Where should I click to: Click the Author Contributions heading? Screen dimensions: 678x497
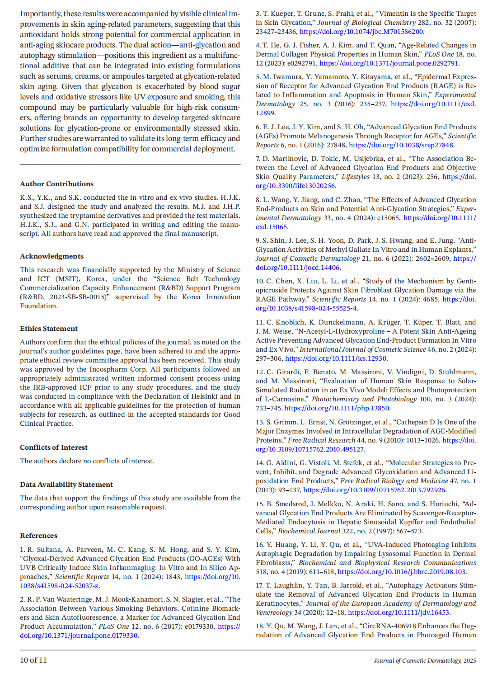pyautogui.click(x=56, y=184)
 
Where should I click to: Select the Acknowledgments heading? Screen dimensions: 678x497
pyautogui.click(x=52, y=256)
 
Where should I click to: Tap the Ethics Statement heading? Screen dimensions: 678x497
pyautogui.click(x=49, y=329)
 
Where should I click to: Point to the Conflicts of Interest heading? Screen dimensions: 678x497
pyautogui.click(x=54, y=447)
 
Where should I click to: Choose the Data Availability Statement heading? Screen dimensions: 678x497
pyautogui.click(x=66, y=485)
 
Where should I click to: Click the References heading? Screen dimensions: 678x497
pyautogui.click(x=38, y=536)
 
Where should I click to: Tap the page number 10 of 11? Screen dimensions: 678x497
pyautogui.click(x=33, y=660)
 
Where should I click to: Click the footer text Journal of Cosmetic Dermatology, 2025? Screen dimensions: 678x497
pyautogui.click(x=424, y=660)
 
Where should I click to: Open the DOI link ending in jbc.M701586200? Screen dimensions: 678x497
pyautogui.click(x=361, y=32)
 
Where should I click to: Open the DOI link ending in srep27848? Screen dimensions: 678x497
pyautogui.click(x=401, y=145)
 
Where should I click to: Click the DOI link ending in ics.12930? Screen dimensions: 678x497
pyautogui.click(x=336, y=358)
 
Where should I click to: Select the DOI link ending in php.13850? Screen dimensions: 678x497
pyautogui.click(x=337, y=408)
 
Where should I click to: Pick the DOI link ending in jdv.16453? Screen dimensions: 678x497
pyautogui.click(x=399, y=612)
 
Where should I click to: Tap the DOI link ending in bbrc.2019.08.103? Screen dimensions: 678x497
pyautogui.click(x=402, y=572)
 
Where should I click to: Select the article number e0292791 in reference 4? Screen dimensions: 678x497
pyautogui.click(x=293, y=64)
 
